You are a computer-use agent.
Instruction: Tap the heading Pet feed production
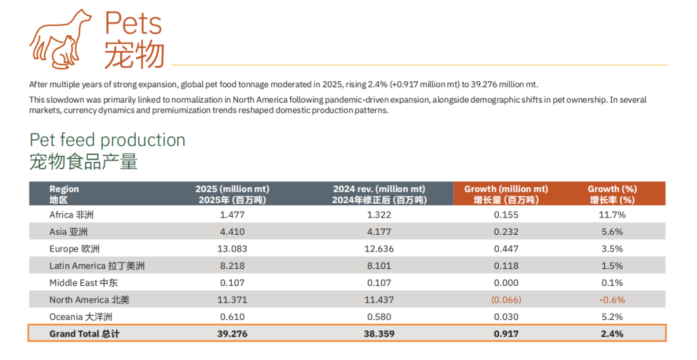pos(107,140)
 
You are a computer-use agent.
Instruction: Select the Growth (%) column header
pos(612,194)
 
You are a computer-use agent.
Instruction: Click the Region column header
pos(64,194)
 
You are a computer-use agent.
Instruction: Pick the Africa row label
pos(72,215)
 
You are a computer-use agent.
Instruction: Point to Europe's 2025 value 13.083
pos(232,249)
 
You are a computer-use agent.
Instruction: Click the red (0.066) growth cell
pos(506,300)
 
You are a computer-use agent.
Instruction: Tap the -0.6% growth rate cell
pos(612,300)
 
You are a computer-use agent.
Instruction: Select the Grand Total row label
pos(85,334)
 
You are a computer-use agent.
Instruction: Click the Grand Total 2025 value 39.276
pos(232,334)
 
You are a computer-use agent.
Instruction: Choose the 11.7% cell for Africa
pos(612,215)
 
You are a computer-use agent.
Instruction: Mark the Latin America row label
pos(97,266)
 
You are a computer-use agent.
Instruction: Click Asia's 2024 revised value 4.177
pos(379,232)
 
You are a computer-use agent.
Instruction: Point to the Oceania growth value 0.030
pos(506,317)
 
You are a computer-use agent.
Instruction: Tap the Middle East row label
pos(83,283)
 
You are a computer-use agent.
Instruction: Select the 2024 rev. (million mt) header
pos(379,194)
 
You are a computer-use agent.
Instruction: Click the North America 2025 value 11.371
pos(232,300)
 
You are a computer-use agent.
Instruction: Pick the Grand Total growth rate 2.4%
pos(612,334)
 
